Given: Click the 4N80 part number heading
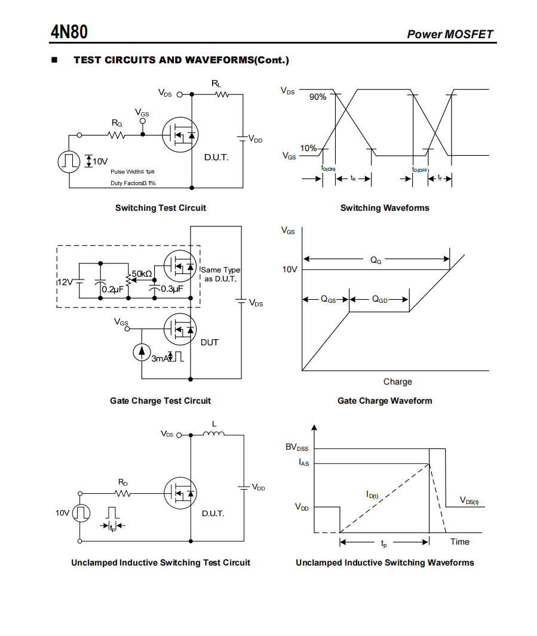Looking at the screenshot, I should [69, 31].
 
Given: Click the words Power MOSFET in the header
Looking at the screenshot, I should [450, 34].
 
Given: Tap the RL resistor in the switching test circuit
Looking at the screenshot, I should [222, 94].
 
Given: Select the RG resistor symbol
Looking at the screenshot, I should [116, 135].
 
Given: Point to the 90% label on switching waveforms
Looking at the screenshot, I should [318, 97].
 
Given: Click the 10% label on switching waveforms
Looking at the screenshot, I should [308, 148].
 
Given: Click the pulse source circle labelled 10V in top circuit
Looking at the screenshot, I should [69, 161].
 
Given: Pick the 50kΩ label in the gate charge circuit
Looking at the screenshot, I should [142, 274].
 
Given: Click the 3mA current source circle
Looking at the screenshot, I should [142, 352].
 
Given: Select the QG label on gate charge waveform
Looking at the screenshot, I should [376, 260].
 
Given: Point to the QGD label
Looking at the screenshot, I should [380, 300].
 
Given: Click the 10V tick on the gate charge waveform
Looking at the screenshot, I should [290, 270].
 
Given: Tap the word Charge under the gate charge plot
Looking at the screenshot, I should [397, 382].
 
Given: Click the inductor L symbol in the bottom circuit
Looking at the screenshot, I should [214, 434].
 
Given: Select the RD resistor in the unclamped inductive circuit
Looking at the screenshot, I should [122, 493].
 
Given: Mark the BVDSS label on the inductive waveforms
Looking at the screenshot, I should [297, 447].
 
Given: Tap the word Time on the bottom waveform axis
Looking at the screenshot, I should [459, 542].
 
